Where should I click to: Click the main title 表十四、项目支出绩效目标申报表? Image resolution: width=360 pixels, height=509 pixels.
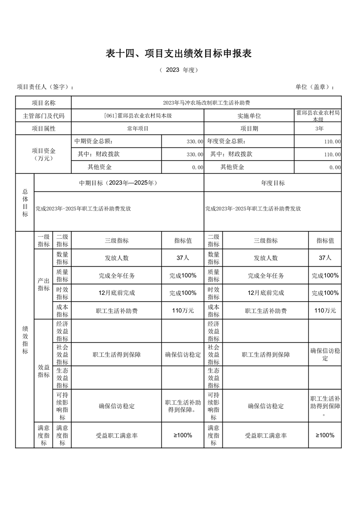178,54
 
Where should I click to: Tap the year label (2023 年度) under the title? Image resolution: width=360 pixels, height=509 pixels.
179,70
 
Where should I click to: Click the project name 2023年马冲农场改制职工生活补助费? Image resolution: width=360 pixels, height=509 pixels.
206,103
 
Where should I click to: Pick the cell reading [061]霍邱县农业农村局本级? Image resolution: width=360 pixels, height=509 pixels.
138,116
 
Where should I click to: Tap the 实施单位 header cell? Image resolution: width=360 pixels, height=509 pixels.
249,116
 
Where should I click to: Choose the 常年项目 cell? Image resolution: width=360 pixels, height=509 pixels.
138,129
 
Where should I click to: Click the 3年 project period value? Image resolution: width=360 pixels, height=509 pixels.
317,129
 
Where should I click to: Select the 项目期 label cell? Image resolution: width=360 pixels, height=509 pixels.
249,129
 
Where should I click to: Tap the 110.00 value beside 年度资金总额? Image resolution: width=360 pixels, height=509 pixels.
332,142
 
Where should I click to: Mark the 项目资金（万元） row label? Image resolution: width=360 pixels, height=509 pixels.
44,154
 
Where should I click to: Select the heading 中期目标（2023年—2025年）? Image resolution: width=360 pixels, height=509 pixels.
118,183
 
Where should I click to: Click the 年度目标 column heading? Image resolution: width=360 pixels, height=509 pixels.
272,183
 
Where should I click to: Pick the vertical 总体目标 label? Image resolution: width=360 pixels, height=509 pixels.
25,202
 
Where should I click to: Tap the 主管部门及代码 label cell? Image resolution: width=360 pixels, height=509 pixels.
44,116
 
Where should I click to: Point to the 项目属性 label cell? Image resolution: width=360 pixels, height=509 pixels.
44,129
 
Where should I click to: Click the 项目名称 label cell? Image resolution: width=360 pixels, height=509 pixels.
44,103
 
